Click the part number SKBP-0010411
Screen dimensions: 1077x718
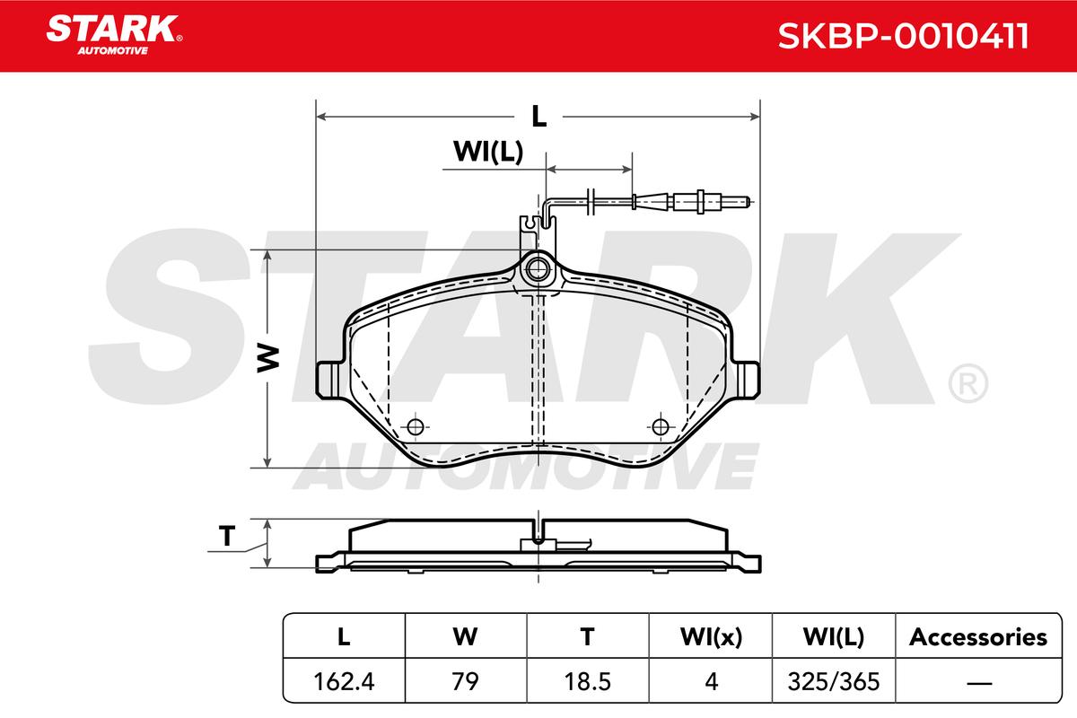click(903, 36)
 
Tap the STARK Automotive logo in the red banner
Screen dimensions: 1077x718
click(114, 35)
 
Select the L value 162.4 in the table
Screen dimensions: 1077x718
click(344, 681)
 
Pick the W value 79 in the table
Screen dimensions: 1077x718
click(466, 681)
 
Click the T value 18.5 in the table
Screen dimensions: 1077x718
click(588, 681)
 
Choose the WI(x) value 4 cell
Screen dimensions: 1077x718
click(711, 681)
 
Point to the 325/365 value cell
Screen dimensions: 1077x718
click(833, 681)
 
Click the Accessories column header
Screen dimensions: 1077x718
click(978, 637)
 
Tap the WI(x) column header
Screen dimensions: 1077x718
click(711, 637)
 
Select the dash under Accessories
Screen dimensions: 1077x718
click(979, 683)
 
